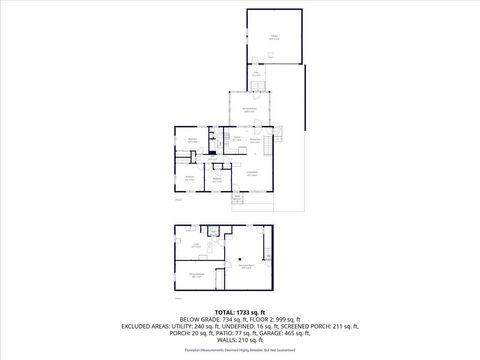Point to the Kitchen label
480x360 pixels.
(x=255, y=139)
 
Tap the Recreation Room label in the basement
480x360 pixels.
(x=245, y=265)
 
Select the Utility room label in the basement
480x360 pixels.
(x=198, y=245)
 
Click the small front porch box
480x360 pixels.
(x=237, y=199)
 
